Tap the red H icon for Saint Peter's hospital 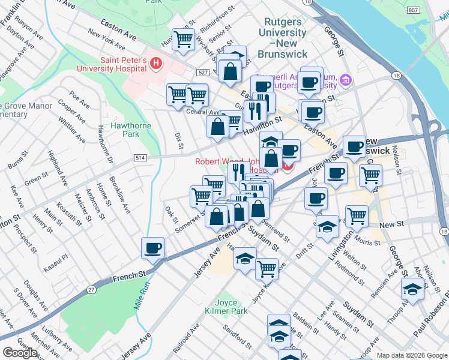156,62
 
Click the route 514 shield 140,158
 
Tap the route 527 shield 201,73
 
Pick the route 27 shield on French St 92,289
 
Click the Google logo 20,353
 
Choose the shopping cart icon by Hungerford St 184,40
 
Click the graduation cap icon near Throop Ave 412,289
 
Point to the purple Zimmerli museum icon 345,80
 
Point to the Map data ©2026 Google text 411,355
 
